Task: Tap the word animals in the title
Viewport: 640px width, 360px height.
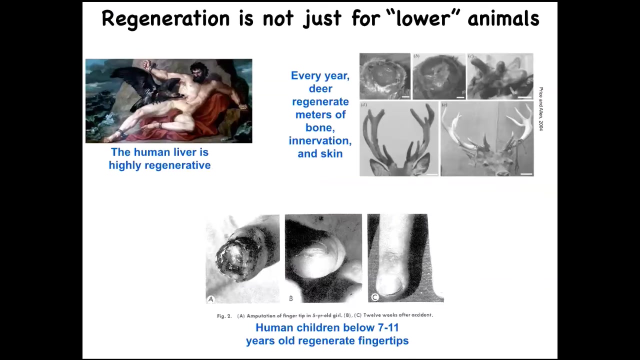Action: point(503,18)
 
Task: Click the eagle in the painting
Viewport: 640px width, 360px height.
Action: point(148,88)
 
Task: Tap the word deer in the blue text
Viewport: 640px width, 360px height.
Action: point(320,88)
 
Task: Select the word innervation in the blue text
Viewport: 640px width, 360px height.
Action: point(320,140)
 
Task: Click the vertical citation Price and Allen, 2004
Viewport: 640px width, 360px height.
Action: point(541,109)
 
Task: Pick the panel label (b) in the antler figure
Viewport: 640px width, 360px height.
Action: point(416,56)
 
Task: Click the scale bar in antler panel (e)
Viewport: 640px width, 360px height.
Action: point(526,173)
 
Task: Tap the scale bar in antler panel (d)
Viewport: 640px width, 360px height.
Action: point(432,174)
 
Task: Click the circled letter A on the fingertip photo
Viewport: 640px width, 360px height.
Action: point(211,299)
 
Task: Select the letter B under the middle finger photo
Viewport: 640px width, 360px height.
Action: point(291,298)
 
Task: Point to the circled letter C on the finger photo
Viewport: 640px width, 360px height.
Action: point(375,297)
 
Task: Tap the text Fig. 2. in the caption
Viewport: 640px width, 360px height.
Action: point(224,316)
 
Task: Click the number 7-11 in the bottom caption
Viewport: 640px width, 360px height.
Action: point(388,327)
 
